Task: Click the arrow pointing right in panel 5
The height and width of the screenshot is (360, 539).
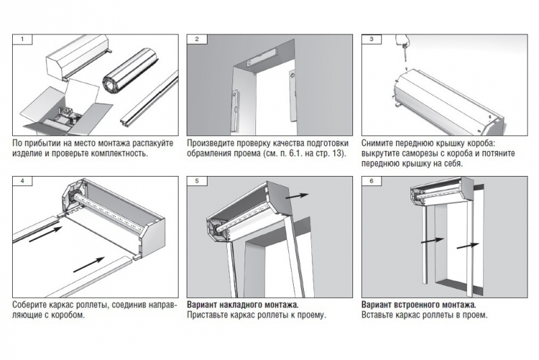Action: coord(296,196)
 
